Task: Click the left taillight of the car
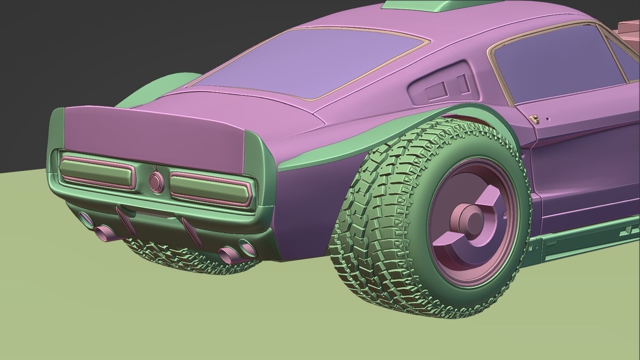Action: pos(97,172)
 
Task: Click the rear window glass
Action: pos(312,62)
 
